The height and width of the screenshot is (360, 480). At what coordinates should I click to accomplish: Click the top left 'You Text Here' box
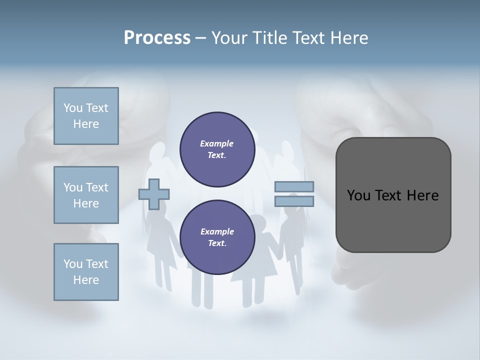click(x=86, y=116)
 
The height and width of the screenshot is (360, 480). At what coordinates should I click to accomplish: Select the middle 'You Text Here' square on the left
click(x=86, y=195)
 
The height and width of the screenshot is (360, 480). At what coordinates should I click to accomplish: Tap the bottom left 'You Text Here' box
click(x=86, y=271)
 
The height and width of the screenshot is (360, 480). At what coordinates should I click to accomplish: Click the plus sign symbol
click(x=154, y=194)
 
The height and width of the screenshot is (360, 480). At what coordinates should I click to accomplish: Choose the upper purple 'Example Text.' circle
click(x=217, y=149)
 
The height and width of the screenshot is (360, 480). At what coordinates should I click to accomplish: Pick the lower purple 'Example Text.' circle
click(x=217, y=237)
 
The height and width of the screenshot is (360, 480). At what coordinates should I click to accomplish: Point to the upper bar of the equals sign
click(x=294, y=187)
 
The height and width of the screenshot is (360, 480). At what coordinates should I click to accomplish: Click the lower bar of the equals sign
click(x=294, y=201)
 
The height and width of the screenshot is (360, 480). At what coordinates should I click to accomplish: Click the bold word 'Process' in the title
click(x=157, y=38)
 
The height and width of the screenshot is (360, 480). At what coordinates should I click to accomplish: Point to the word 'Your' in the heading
click(x=229, y=38)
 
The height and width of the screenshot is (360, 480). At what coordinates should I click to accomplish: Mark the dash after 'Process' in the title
click(x=200, y=38)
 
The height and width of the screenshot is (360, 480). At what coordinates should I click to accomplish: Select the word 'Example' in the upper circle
click(x=217, y=144)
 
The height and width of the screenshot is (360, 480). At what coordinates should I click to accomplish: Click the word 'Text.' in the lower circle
click(x=217, y=243)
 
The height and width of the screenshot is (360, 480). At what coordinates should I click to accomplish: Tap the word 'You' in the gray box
click(x=358, y=195)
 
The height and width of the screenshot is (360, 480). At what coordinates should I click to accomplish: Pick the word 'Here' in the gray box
click(x=422, y=195)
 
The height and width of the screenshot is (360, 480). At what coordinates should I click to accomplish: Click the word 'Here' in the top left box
click(x=86, y=124)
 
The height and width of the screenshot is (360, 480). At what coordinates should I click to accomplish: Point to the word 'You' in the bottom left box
click(x=72, y=264)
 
